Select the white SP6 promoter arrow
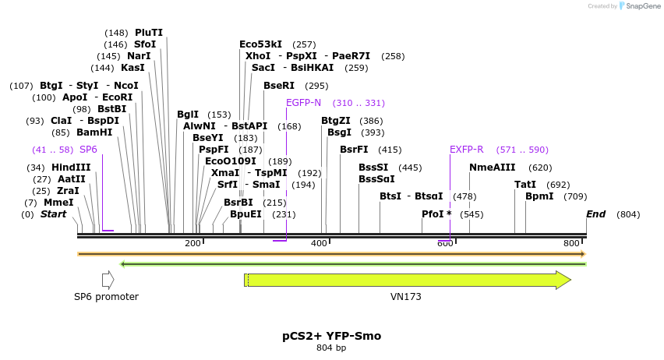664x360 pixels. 108,280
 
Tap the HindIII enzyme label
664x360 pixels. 71,168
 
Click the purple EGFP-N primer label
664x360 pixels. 303,103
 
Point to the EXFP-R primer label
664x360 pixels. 466,150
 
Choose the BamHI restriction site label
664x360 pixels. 94,132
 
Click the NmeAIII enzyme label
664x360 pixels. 493,168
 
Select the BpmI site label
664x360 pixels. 539,196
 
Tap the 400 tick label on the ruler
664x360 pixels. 319,244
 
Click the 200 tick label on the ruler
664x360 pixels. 192,244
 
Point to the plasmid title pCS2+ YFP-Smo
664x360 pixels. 332,337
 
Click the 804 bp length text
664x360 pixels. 331,348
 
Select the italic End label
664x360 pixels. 595,214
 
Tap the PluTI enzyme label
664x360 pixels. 149,33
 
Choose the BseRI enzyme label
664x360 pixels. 279,86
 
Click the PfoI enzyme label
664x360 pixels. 436,214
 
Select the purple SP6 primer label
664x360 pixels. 88,150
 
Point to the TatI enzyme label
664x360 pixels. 525,185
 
